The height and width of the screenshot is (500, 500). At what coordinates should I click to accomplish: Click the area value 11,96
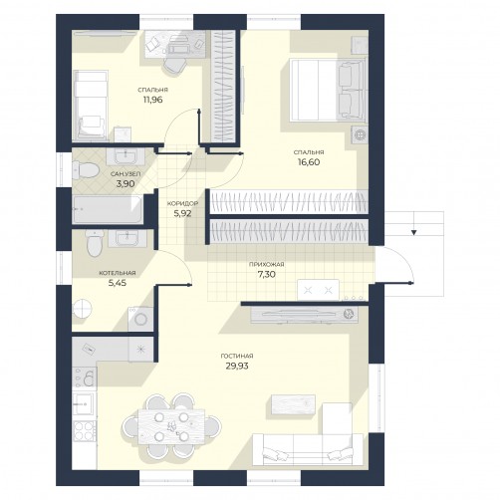pyautogui.click(x=153, y=100)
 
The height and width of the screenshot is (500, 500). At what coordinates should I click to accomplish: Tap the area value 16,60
pyautogui.click(x=309, y=162)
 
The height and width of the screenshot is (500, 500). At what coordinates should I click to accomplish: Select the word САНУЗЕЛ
pyautogui.click(x=125, y=174)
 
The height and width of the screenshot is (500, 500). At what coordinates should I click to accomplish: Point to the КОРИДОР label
pyautogui.click(x=182, y=203)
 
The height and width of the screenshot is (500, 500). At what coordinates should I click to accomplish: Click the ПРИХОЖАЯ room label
pyautogui.click(x=267, y=265)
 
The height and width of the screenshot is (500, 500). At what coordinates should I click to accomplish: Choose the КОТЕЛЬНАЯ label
pyautogui.click(x=118, y=273)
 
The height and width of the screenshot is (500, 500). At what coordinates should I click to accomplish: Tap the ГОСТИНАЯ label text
pyautogui.click(x=237, y=357)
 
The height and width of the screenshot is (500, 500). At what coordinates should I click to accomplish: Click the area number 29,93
pyautogui.click(x=237, y=367)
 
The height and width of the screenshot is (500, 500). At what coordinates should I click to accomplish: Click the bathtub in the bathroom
pyautogui.click(x=108, y=209)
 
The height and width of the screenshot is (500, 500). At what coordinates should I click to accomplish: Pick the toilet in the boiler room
pyautogui.click(x=95, y=243)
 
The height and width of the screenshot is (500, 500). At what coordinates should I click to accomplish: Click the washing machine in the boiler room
pyautogui.click(x=140, y=319)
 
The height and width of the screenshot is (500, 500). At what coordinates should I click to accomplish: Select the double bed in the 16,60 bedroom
pyautogui.click(x=328, y=90)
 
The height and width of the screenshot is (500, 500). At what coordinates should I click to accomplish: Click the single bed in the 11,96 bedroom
pyautogui.click(x=91, y=105)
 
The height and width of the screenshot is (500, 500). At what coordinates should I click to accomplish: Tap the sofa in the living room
pyautogui.click(x=307, y=449)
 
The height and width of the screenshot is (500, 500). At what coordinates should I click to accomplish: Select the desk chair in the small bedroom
pyautogui.click(x=174, y=66)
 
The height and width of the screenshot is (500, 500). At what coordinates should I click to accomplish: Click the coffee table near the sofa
pyautogui.click(x=294, y=404)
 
